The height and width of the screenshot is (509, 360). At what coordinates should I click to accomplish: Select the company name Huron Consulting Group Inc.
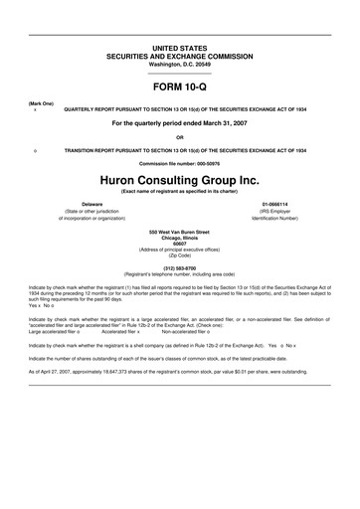point(179,180)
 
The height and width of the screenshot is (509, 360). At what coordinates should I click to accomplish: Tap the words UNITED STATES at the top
point(179,48)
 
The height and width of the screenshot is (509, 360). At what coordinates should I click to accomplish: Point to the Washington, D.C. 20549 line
point(179,64)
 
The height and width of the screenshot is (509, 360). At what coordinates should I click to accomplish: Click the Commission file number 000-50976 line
point(179,163)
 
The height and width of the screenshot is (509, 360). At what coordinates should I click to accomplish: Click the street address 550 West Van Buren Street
point(179,230)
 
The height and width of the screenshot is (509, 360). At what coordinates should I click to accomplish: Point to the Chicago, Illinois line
point(179,237)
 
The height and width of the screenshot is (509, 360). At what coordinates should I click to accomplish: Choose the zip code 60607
point(179,244)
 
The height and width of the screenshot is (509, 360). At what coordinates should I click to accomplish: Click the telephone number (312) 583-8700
point(179,265)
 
